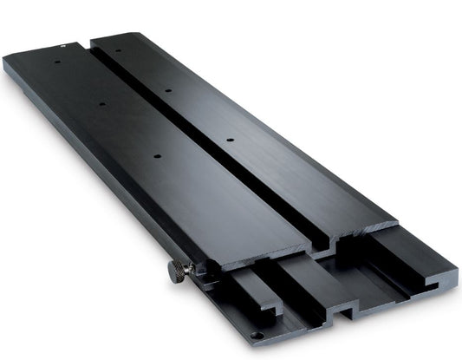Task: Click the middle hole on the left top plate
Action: (x=102, y=105)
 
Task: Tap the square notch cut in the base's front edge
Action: (x=345, y=308)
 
